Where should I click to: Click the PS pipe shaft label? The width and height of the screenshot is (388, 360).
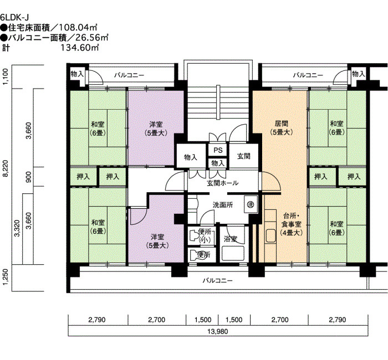218,150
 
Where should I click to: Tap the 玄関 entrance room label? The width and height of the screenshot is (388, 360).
244,156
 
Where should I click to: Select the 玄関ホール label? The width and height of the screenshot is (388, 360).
223,183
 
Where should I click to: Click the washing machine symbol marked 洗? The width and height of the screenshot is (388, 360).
251,204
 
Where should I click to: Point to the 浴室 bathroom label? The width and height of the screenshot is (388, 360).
231,239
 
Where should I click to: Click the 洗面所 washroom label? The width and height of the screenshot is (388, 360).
223,205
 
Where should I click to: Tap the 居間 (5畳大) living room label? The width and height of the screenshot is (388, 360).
282,127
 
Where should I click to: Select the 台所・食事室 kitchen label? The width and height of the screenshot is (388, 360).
291,224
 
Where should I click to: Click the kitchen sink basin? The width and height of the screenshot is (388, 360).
270,236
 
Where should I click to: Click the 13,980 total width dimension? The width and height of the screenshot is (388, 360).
218,331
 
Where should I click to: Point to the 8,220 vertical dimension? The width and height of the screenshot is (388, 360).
6,168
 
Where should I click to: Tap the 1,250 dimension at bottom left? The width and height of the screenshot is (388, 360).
6,277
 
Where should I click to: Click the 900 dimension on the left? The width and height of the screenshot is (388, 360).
29,177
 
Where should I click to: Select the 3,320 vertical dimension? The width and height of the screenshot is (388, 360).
17,228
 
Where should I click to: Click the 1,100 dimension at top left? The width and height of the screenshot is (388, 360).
6,76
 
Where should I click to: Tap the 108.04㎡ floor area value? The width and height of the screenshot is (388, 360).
78,27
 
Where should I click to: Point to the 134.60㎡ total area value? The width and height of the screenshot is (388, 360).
80,47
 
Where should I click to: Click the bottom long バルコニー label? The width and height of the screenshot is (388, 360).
218,280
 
